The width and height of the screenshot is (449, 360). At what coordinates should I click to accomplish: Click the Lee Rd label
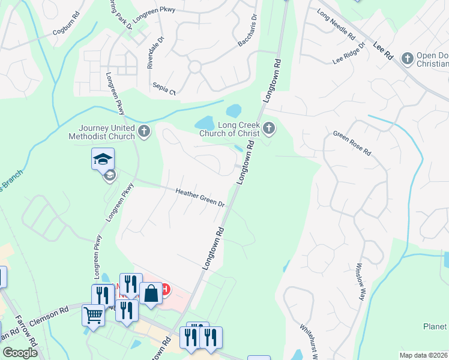point(382,50)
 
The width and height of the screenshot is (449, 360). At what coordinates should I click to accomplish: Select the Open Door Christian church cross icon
point(408,58)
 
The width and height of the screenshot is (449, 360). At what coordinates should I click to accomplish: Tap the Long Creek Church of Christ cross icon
point(269,127)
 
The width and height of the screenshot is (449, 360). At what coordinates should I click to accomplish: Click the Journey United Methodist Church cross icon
point(143,131)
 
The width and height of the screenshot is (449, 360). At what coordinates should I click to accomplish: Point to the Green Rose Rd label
point(352,143)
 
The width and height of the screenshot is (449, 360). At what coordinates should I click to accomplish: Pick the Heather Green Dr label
point(200,197)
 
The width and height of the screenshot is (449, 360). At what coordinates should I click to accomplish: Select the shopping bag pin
point(151,294)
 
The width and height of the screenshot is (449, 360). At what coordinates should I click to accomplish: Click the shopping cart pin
point(93,314)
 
